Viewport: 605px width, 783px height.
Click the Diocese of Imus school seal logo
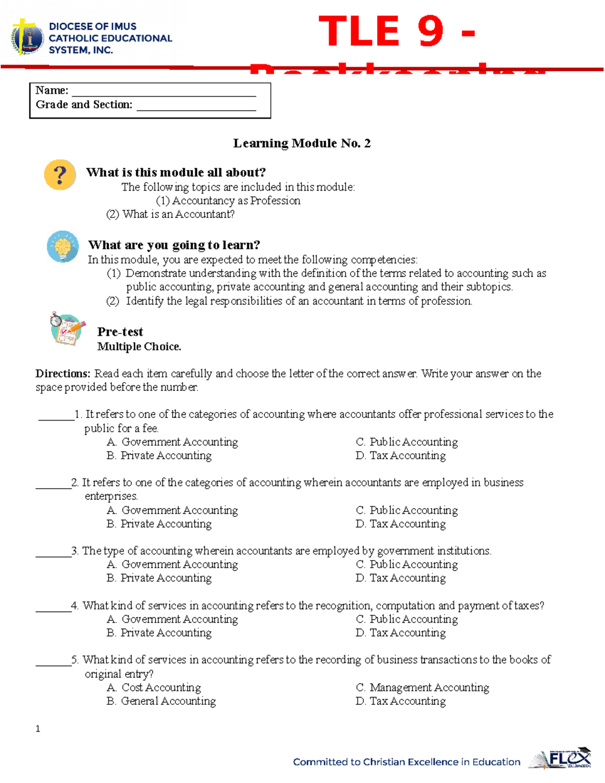(27, 37)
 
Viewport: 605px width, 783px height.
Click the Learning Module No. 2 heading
(301, 143)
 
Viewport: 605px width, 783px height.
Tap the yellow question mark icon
(60, 175)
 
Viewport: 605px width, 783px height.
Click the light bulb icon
(63, 247)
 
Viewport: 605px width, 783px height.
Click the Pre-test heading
(120, 332)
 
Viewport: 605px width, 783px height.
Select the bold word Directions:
(63, 374)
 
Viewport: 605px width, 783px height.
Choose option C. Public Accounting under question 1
(406, 442)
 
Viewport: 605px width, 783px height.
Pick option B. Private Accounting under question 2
(159, 524)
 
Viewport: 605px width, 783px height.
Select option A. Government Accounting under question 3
(172, 565)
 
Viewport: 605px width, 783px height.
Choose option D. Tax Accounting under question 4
(400, 633)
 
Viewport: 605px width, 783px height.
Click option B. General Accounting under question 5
(161, 701)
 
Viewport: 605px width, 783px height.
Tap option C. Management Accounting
(422, 688)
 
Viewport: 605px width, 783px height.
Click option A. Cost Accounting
(154, 688)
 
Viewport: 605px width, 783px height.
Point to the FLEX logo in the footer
(560, 759)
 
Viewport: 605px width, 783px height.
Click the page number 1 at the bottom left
(38, 729)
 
